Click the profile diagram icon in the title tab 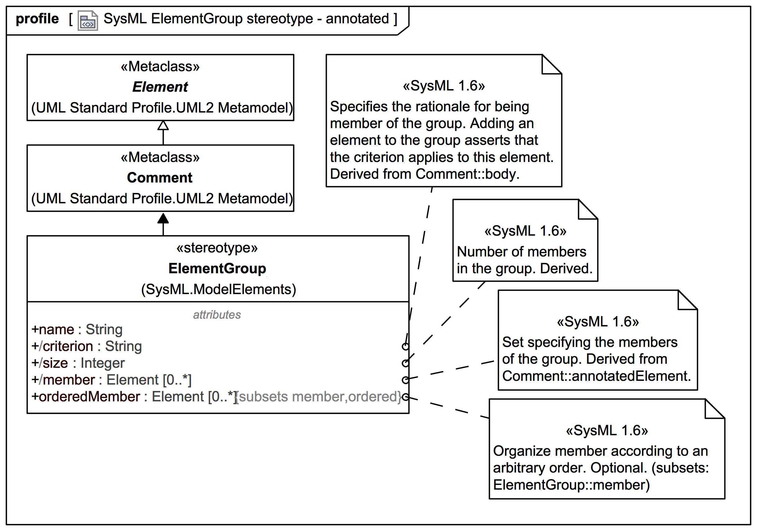point(87,21)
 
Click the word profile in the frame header point(37,19)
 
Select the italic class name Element point(160,87)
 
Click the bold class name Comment point(160,178)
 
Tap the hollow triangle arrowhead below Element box point(163,125)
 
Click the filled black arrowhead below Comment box point(163,218)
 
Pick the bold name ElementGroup point(217,269)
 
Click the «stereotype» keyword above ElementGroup point(217,248)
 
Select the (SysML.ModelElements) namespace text point(218,289)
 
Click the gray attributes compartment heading point(217,315)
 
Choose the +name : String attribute point(77,330)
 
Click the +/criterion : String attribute point(86,347)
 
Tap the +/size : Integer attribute point(78,363)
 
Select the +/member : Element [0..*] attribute point(112,380)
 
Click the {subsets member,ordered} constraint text point(319,397)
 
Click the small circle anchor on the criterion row point(406,347)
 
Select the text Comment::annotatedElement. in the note point(596,376)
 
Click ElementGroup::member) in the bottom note point(571,485)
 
